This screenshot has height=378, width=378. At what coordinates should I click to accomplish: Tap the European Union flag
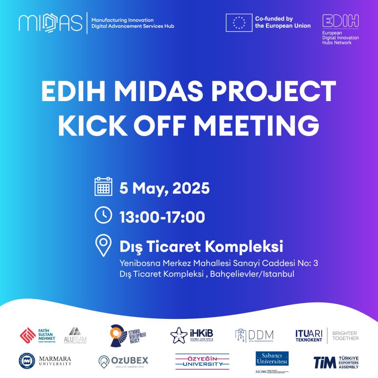click(239, 22)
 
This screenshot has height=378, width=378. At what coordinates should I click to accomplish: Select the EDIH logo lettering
click(340, 21)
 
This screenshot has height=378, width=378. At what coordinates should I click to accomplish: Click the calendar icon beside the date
click(103, 187)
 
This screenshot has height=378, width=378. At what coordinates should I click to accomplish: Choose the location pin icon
click(103, 245)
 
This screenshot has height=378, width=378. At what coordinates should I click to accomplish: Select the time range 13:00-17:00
click(162, 217)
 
